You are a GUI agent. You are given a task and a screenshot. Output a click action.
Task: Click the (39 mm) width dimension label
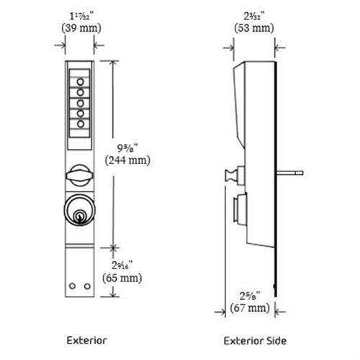tap(79, 29)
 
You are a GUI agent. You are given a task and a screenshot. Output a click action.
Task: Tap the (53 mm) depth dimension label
tap(253, 29)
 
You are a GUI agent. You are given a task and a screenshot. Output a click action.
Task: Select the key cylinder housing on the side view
tap(238, 210)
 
